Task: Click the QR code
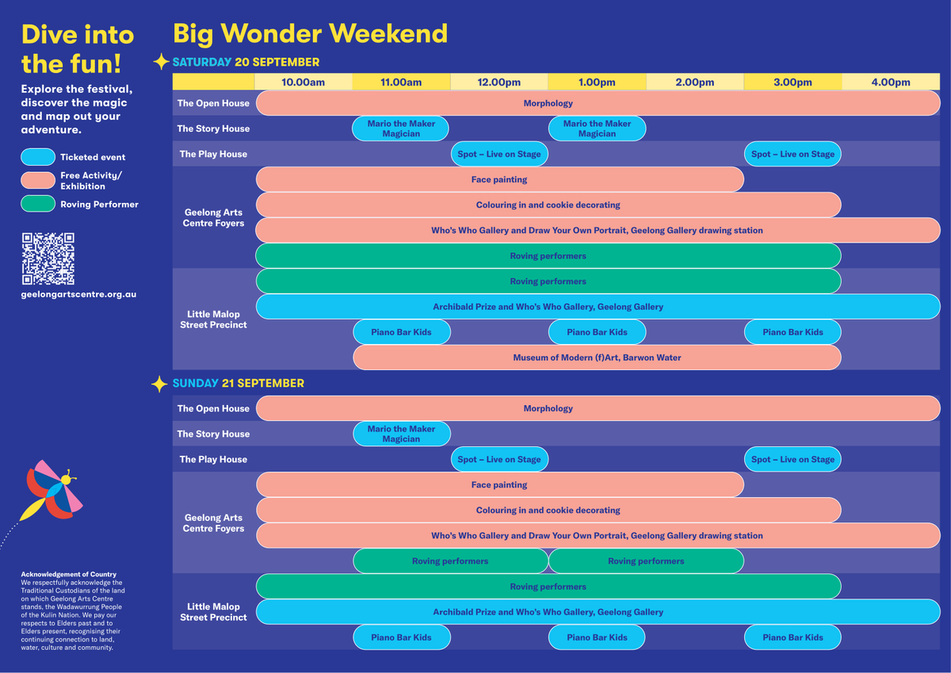click(48, 258)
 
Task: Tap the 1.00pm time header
click(597, 82)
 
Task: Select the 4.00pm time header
click(891, 82)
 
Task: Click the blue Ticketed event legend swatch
click(38, 157)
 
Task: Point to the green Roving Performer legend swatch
click(38, 204)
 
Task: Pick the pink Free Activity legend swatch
click(38, 180)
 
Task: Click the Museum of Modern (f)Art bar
click(597, 358)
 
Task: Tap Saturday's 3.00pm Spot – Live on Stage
click(792, 154)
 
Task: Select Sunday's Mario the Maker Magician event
click(401, 434)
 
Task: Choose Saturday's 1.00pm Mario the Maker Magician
click(597, 128)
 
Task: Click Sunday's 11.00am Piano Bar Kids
click(401, 637)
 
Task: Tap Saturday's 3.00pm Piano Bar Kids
click(792, 332)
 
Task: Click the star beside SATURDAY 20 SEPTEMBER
click(161, 62)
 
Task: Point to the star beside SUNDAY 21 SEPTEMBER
click(159, 384)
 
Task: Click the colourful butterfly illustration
click(53, 491)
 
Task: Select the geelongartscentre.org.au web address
click(78, 294)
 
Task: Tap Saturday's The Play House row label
click(213, 154)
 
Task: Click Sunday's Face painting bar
click(500, 484)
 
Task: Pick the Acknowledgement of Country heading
click(68, 574)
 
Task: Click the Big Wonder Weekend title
click(311, 33)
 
